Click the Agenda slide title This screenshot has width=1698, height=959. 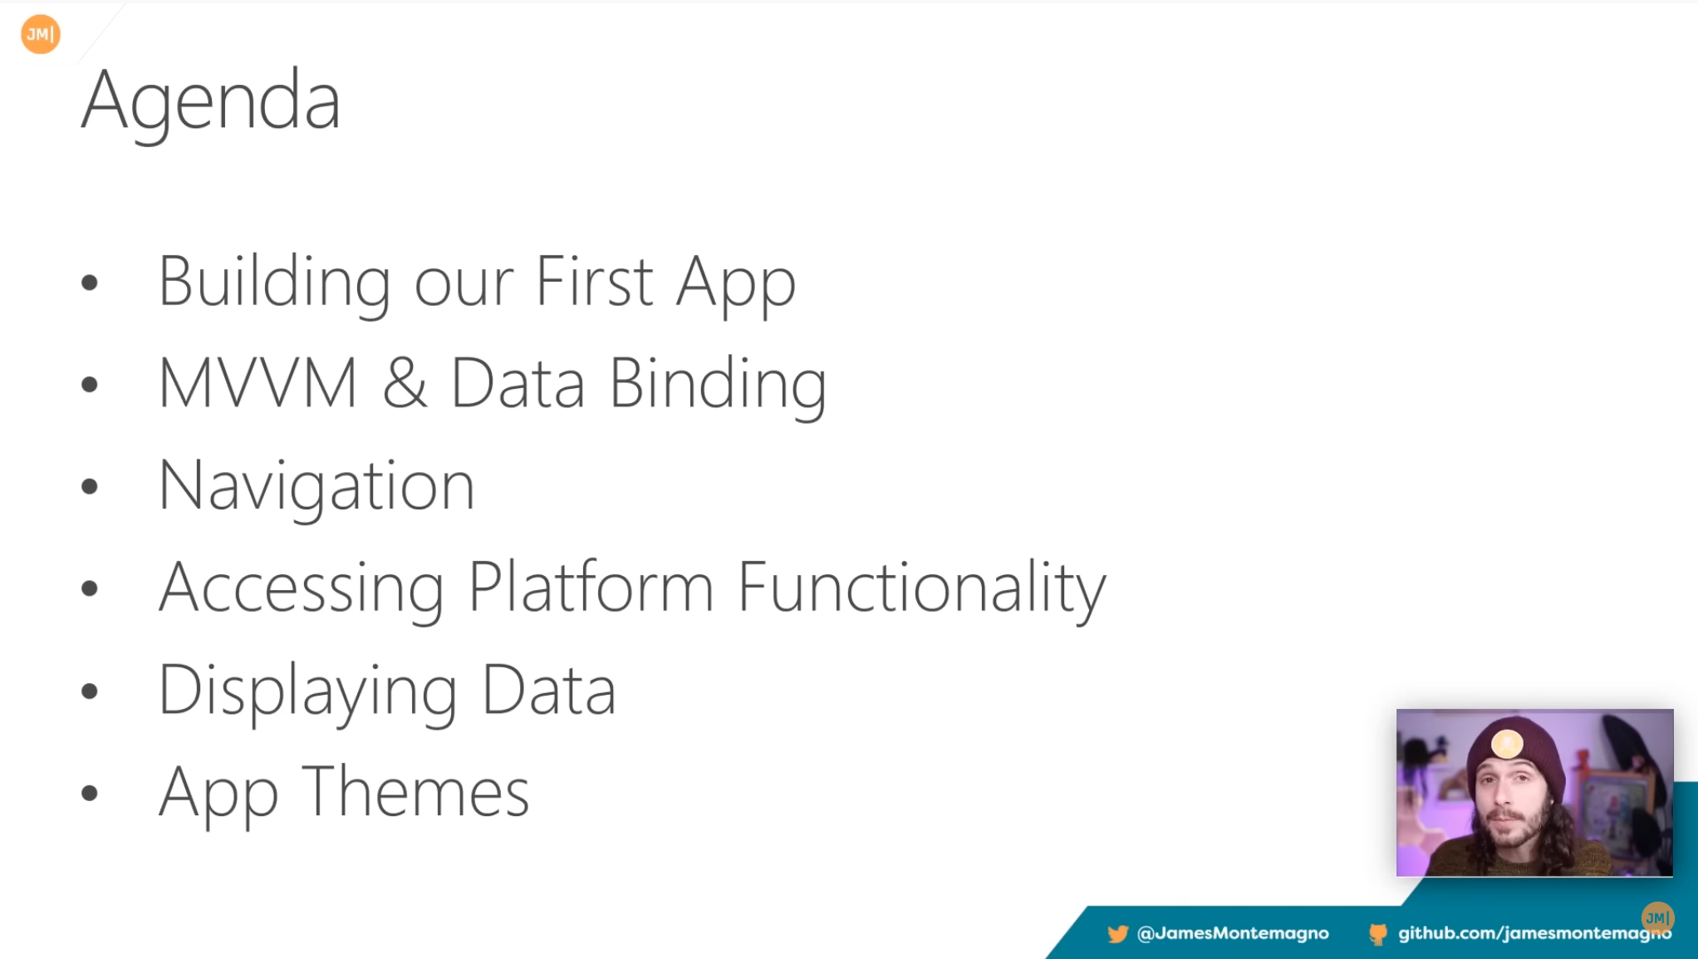click(211, 102)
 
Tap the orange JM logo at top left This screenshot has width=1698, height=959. click(41, 34)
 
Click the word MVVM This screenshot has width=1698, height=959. click(258, 383)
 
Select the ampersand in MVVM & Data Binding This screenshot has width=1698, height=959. click(405, 383)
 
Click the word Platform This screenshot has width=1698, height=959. click(591, 587)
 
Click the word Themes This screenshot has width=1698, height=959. click(416, 792)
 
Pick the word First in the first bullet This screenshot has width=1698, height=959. click(595, 282)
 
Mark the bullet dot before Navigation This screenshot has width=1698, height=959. click(90, 486)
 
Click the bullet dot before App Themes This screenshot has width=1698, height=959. click(90, 793)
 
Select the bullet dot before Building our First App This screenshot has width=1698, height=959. click(90, 283)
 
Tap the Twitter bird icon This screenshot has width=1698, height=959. click(1117, 934)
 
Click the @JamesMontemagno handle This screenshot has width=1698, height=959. click(1233, 933)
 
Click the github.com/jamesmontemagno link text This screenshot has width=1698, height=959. click(1534, 933)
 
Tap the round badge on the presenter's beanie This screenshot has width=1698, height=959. click(1506, 743)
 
